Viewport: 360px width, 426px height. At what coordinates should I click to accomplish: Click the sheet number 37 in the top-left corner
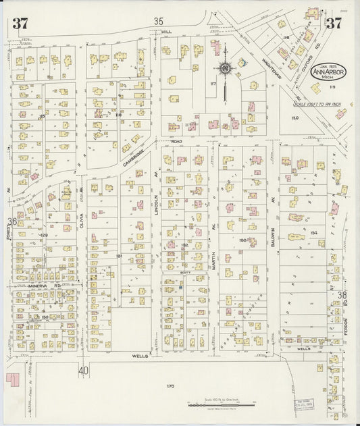(20, 24)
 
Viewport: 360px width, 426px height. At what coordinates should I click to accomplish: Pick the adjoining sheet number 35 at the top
(159, 21)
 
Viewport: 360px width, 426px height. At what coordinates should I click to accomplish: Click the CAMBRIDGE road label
(136, 160)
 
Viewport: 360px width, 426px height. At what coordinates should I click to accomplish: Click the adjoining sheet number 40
(83, 371)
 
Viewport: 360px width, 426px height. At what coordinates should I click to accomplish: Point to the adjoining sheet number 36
(12, 221)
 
